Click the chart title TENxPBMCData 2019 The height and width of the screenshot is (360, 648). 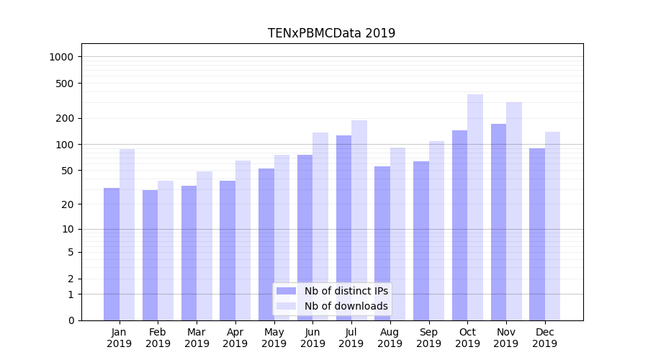pyautogui.click(x=331, y=33)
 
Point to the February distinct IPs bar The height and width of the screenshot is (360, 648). pyautogui.click(x=150, y=255)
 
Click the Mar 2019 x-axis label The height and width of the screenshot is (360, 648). pyautogui.click(x=197, y=338)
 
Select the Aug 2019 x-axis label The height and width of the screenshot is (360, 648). pyautogui.click(x=390, y=338)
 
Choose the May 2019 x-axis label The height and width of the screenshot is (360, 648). pyautogui.click(x=274, y=338)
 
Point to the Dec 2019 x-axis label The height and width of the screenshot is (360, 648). pyautogui.click(x=545, y=338)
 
